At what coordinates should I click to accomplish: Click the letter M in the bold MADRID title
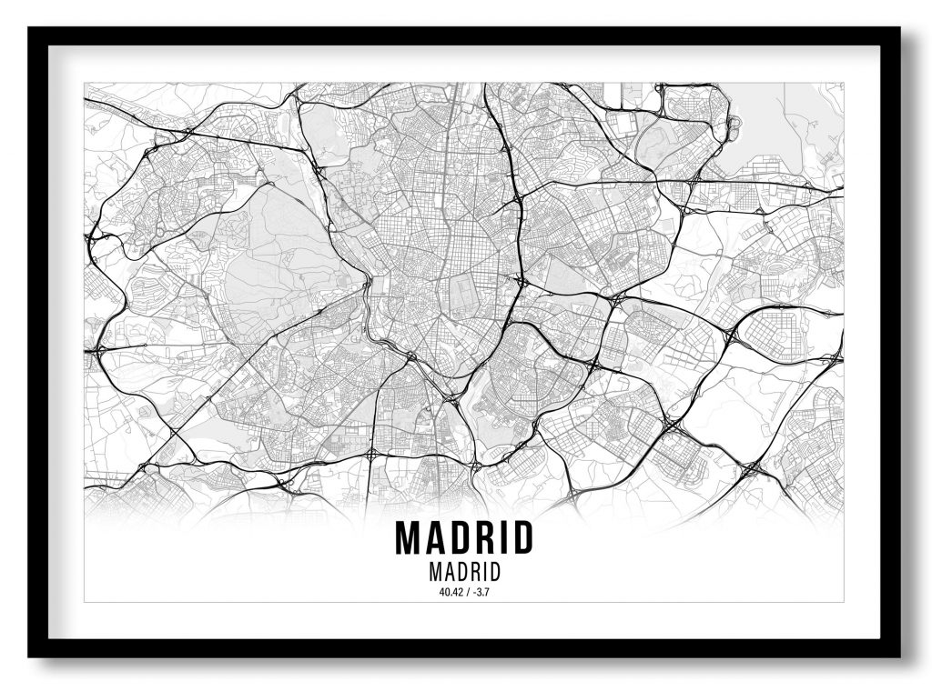coord(408,538)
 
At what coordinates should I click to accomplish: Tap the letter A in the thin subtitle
coord(446,574)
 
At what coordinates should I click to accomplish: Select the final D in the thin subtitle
coord(494,574)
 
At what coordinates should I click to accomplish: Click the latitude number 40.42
coord(450,593)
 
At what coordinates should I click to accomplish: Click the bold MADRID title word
coord(464,538)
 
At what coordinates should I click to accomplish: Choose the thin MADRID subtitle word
coord(464,574)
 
